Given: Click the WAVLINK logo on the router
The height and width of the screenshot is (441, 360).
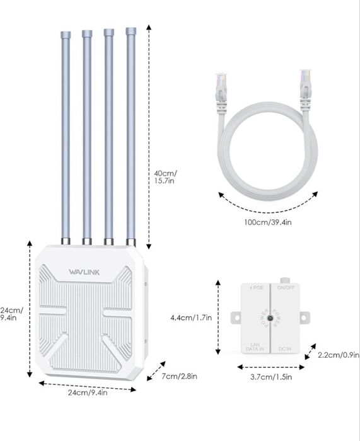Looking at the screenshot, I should (84, 272).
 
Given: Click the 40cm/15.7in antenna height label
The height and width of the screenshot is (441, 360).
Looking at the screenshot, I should (166, 176).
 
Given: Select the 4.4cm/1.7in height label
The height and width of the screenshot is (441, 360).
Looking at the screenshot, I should (191, 318).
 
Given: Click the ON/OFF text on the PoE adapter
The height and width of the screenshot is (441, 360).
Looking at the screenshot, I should (286, 289).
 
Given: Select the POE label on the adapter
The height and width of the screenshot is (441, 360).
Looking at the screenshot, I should (257, 289).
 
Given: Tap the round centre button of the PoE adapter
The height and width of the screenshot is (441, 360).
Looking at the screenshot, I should (270, 319).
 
